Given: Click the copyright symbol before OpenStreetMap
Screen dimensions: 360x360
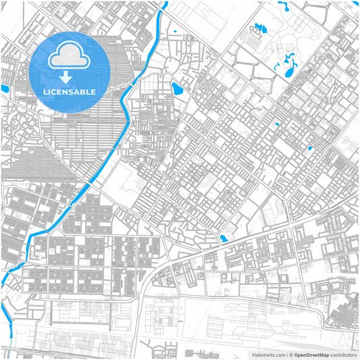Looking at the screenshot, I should (290, 354).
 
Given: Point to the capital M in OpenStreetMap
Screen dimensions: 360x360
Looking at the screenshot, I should (322, 354).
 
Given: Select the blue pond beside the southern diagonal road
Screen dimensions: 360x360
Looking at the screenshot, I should (224, 238).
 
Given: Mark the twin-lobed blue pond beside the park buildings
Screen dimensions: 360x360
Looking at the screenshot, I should (257, 28).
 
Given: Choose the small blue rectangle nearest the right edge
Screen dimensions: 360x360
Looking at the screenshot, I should (310, 148).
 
